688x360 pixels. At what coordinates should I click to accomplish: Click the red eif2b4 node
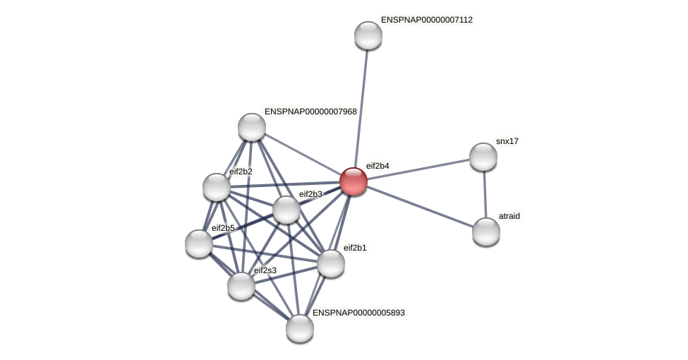tap(354, 181)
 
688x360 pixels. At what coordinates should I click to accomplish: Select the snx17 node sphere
tap(483, 157)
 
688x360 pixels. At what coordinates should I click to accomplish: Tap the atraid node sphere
tap(486, 232)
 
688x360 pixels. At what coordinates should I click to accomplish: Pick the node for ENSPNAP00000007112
tap(368, 35)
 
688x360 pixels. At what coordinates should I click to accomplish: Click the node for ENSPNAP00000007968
tap(252, 127)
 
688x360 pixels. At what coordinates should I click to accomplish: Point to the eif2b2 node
tap(217, 187)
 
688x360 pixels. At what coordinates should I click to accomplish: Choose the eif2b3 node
tap(286, 210)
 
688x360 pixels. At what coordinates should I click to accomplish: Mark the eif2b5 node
tap(199, 244)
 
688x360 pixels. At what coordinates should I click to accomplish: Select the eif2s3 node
tap(241, 286)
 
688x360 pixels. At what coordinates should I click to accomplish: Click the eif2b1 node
tap(331, 263)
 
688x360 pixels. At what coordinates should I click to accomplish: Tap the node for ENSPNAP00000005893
tap(300, 328)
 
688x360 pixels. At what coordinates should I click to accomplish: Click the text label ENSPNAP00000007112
tap(426, 20)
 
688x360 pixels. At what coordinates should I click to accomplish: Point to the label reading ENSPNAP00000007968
tap(310, 112)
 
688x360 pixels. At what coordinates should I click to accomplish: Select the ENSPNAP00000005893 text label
tap(358, 313)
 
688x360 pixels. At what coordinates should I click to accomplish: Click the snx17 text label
tap(507, 141)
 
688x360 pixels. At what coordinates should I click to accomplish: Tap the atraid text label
tap(509, 216)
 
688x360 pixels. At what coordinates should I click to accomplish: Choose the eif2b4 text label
tap(378, 166)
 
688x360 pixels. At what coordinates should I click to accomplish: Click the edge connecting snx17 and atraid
tap(485, 194)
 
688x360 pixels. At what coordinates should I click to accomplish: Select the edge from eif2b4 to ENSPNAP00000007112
tap(361, 106)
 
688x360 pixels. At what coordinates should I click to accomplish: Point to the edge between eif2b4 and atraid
tap(420, 206)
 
